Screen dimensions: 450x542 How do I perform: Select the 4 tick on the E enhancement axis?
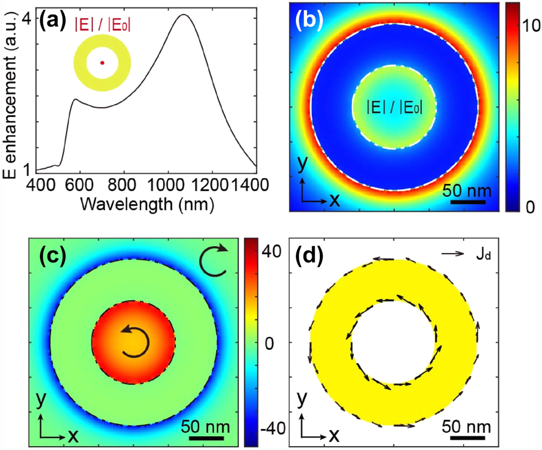(x=26, y=18)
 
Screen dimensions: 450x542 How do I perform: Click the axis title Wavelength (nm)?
(x=147, y=204)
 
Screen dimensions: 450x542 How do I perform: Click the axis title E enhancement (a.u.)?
(x=9, y=95)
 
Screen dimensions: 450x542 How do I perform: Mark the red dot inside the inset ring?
(x=102, y=63)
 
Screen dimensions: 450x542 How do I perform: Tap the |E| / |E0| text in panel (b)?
(x=395, y=107)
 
